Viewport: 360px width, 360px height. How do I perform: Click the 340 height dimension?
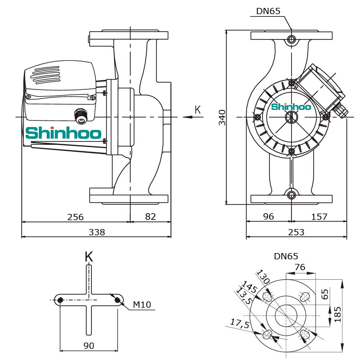pyautogui.click(x=222, y=117)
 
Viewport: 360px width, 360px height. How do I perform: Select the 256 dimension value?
pyautogui.click(x=75, y=217)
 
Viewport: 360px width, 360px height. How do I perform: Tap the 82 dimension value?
pyautogui.click(x=150, y=217)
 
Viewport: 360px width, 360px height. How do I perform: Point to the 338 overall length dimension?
pyautogui.click(x=97, y=232)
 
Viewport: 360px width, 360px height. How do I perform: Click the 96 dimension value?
pyautogui.click(x=269, y=217)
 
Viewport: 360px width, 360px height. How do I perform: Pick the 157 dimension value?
pyautogui.click(x=319, y=217)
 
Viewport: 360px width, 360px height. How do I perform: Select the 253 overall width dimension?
pyautogui.click(x=296, y=232)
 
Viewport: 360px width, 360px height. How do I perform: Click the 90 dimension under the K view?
pyautogui.click(x=89, y=346)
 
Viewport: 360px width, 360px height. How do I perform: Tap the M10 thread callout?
pyautogui.click(x=142, y=305)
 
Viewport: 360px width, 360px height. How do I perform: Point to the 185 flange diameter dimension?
pyautogui.click(x=338, y=315)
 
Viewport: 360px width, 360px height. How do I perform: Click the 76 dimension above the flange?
pyautogui.click(x=300, y=267)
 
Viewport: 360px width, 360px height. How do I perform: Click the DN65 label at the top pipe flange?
pyautogui.click(x=268, y=11)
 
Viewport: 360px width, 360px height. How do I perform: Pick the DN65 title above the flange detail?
pyautogui.click(x=286, y=256)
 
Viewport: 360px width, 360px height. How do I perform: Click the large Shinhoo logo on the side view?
pyautogui.click(x=63, y=133)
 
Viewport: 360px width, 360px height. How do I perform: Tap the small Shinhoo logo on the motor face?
pyautogui.click(x=291, y=107)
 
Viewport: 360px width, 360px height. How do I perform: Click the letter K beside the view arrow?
pyautogui.click(x=198, y=110)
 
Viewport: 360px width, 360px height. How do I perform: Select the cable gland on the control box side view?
pyautogui.click(x=81, y=116)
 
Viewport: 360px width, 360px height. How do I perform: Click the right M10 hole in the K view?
pyautogui.click(x=117, y=300)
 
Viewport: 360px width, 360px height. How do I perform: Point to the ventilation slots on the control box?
pyautogui.click(x=45, y=75)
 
